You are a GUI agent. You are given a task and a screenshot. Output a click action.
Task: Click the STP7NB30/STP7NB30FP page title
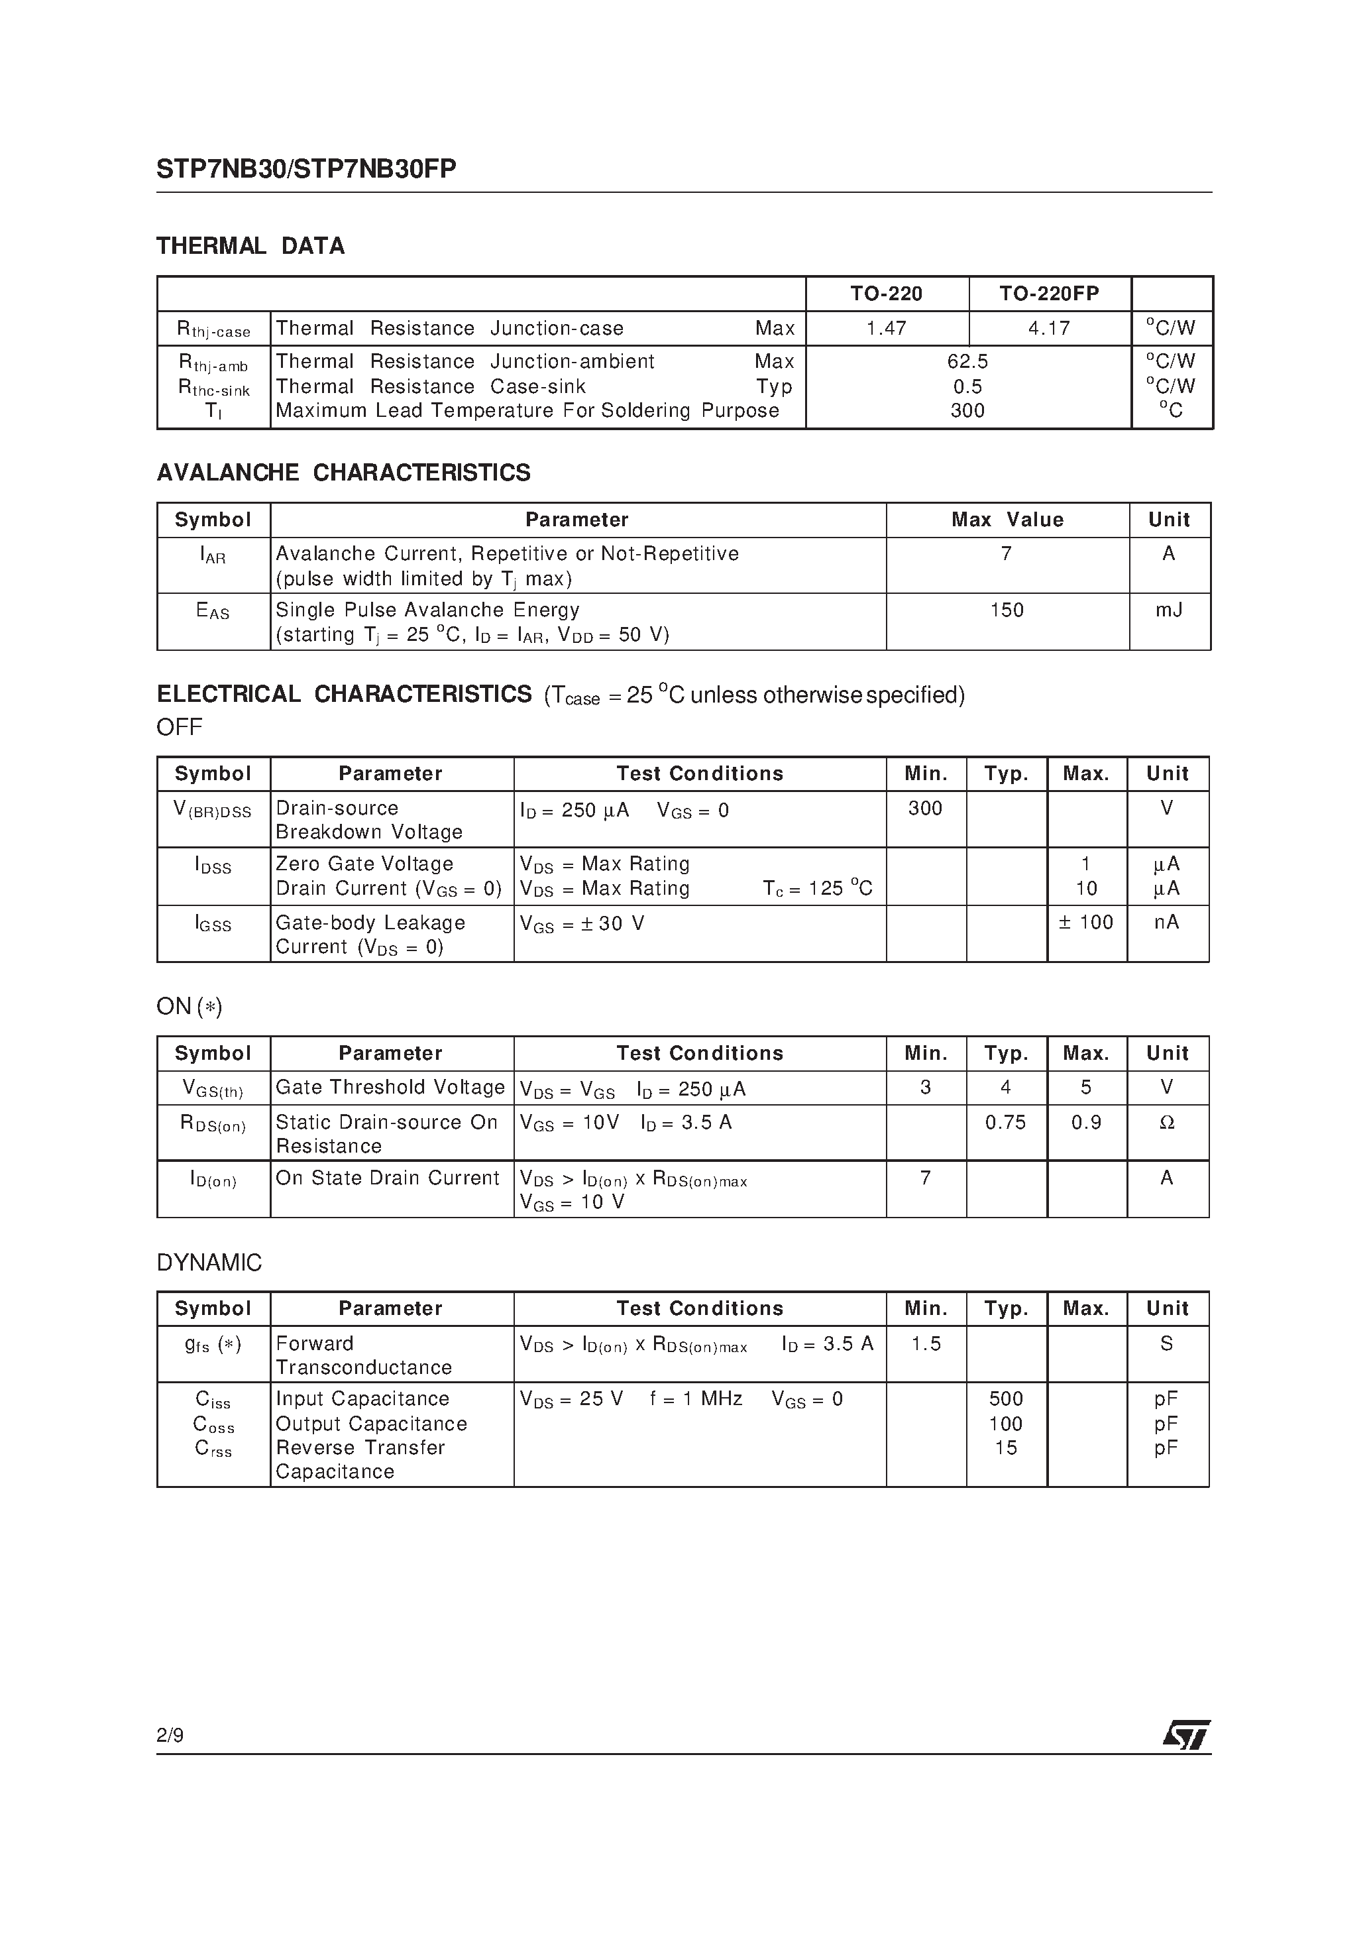[305, 170]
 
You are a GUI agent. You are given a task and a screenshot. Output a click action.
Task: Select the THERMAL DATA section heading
[250, 247]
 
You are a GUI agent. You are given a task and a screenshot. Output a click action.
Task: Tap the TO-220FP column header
[1049, 294]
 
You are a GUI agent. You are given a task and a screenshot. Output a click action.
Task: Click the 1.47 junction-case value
[886, 328]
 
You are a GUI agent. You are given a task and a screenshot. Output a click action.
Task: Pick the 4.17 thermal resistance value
[1049, 328]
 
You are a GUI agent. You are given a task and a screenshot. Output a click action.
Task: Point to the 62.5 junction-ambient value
[967, 362]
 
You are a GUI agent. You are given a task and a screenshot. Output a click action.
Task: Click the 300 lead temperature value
[967, 411]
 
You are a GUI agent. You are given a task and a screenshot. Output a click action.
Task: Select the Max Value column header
[1007, 520]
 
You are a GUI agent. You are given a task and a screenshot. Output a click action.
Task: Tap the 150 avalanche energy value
[1007, 610]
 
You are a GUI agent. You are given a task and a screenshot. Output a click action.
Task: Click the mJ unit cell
[1169, 610]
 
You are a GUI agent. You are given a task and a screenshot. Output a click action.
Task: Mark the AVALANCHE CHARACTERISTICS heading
[343, 473]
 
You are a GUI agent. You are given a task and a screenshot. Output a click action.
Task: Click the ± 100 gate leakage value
[1086, 923]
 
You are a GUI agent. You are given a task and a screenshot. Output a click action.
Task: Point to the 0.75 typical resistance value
[1005, 1123]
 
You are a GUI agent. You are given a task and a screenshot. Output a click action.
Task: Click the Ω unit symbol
[1168, 1123]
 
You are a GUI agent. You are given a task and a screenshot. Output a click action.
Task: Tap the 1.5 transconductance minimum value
[926, 1343]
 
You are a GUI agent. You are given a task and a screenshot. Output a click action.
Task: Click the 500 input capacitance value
[1005, 1399]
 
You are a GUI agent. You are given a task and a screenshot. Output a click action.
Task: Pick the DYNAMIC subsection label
[209, 1263]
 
